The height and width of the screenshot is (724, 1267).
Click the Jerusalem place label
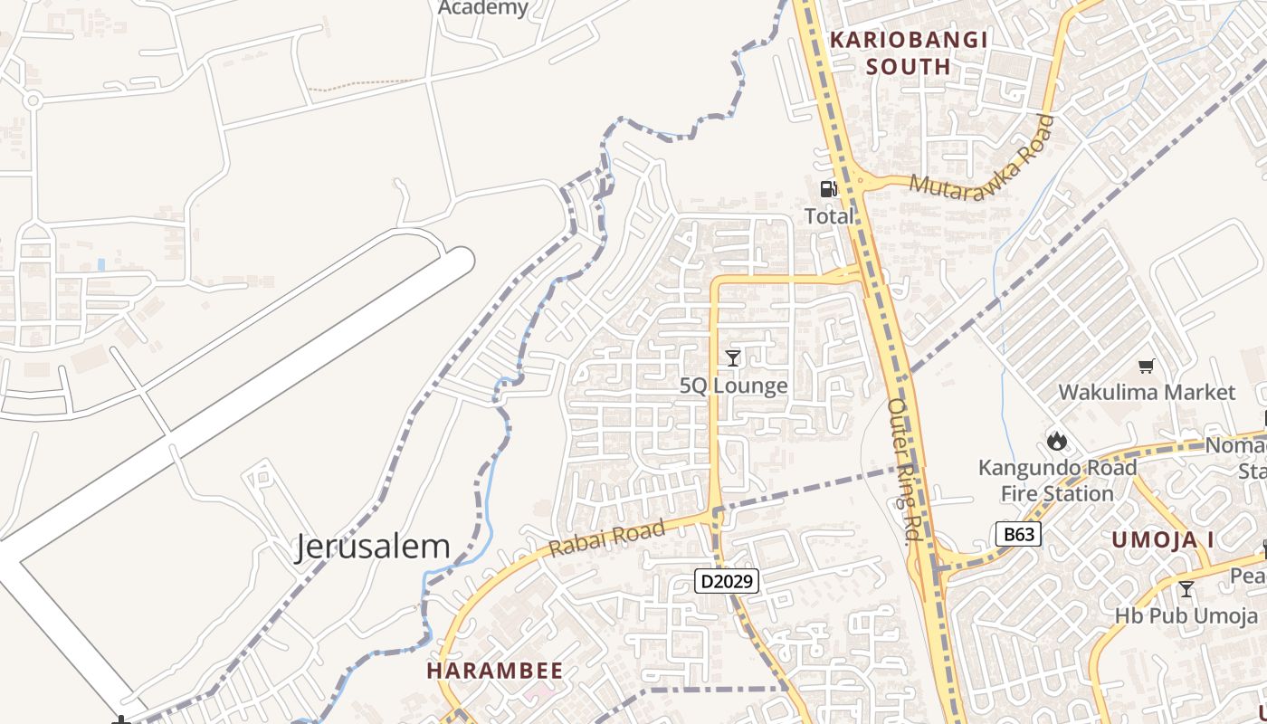pyautogui.click(x=372, y=547)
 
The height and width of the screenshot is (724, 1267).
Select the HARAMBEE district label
pyautogui.click(x=494, y=671)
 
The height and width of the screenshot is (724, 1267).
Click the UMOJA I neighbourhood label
pyautogui.click(x=1163, y=540)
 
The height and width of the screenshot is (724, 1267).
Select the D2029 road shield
pyautogui.click(x=726, y=580)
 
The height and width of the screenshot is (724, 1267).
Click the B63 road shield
pyautogui.click(x=1018, y=534)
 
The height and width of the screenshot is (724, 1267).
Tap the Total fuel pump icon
pyautogui.click(x=828, y=189)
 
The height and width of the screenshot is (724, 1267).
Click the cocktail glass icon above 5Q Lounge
pyautogui.click(x=733, y=357)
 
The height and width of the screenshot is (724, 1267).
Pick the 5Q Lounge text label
pyautogui.click(x=733, y=386)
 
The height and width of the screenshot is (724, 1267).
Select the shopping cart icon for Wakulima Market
pyautogui.click(x=1147, y=366)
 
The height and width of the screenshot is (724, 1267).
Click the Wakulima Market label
pyautogui.click(x=1147, y=392)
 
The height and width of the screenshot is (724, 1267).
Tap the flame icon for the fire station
pyautogui.click(x=1056, y=442)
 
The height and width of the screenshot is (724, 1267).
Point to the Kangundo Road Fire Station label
pyautogui.click(x=1057, y=481)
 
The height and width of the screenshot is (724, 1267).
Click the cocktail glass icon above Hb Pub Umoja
pyautogui.click(x=1186, y=589)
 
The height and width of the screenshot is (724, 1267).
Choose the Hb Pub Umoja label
pyautogui.click(x=1186, y=615)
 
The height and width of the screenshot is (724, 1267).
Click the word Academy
pyautogui.click(x=483, y=8)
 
